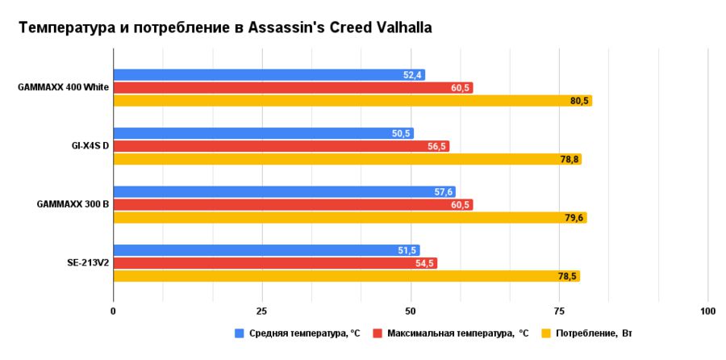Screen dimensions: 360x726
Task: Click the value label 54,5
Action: [x=425, y=263]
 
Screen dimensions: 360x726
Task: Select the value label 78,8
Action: [x=570, y=159]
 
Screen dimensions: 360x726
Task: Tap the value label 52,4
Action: [x=413, y=75]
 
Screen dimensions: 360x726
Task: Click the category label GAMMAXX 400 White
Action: [x=63, y=88]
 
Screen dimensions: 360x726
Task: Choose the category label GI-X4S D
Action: [x=90, y=146]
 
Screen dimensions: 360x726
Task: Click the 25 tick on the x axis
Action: [x=261, y=311]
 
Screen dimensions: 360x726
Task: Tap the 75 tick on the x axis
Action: [x=559, y=311]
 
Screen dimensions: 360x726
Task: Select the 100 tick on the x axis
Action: [x=707, y=311]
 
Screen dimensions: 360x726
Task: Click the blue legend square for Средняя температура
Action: [x=240, y=333]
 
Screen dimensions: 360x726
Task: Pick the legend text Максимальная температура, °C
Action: [x=457, y=333]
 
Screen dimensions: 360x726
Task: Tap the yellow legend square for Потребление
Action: [x=546, y=333]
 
